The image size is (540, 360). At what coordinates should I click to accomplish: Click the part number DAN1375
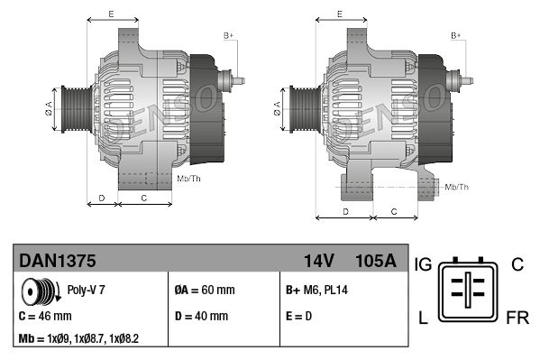pos(58,262)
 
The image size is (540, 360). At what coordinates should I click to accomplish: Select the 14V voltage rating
pos(318,262)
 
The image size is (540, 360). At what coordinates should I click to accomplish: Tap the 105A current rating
pos(376,262)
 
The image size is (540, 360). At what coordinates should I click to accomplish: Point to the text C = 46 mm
pos(45,317)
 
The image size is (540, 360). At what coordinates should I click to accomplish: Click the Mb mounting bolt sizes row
pos(78,339)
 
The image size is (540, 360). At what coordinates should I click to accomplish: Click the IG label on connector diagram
pos(424,264)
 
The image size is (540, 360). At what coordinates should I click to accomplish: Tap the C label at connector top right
pos(517,264)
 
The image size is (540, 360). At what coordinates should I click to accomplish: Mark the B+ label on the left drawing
pos(228,35)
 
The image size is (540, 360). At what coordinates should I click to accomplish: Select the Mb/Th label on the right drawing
pos(457,187)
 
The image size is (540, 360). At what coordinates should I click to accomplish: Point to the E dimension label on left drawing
pos(110,14)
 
